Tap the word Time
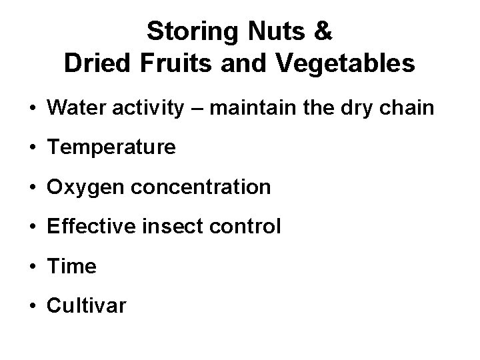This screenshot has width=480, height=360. (x=72, y=267)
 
